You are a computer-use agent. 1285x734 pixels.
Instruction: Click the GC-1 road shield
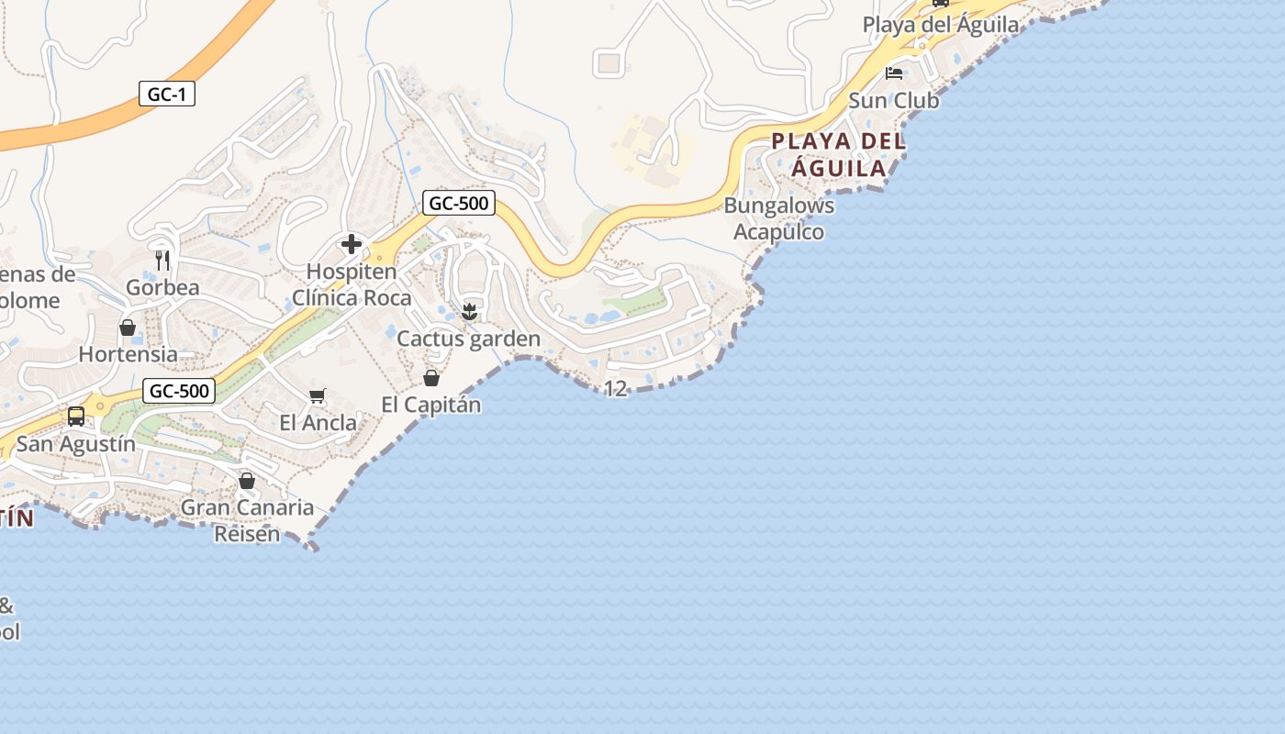(167, 94)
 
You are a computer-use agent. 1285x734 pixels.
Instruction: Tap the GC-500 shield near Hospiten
(459, 203)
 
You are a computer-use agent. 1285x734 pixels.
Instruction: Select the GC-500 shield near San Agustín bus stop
(180, 392)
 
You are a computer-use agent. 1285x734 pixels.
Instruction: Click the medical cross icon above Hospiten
(352, 244)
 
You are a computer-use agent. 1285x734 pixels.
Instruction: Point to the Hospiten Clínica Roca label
(352, 284)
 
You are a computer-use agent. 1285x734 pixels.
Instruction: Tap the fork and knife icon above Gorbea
(162, 260)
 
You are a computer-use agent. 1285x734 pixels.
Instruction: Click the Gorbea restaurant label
(162, 287)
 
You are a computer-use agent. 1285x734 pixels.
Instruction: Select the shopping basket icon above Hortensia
(128, 328)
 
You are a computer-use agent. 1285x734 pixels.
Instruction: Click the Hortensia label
(128, 354)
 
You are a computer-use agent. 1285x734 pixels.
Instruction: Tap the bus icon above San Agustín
(76, 417)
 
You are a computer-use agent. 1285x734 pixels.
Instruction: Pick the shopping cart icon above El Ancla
(318, 395)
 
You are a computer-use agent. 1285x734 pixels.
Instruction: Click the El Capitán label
(430, 405)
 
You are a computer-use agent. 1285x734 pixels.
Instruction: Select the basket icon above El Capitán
(430, 378)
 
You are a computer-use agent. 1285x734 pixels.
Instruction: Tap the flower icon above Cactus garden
(469, 312)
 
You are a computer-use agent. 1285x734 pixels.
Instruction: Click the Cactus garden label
(468, 339)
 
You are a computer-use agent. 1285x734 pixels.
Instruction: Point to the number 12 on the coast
(615, 389)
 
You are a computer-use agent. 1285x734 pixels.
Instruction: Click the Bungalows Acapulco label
(779, 218)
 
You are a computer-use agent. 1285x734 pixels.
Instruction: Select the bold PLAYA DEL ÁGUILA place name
(838, 155)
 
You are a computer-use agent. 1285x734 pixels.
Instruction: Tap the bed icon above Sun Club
(894, 73)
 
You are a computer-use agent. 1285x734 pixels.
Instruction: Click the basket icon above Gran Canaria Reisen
(246, 481)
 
